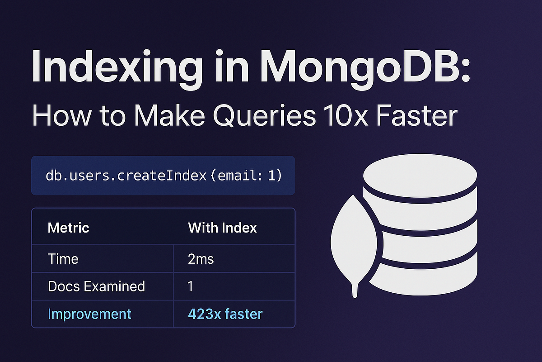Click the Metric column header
click(x=68, y=228)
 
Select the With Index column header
click(x=222, y=228)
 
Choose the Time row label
click(x=63, y=259)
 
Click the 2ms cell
click(x=201, y=259)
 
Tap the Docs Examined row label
click(x=96, y=286)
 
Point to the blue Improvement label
click(x=89, y=314)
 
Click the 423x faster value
click(x=225, y=314)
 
